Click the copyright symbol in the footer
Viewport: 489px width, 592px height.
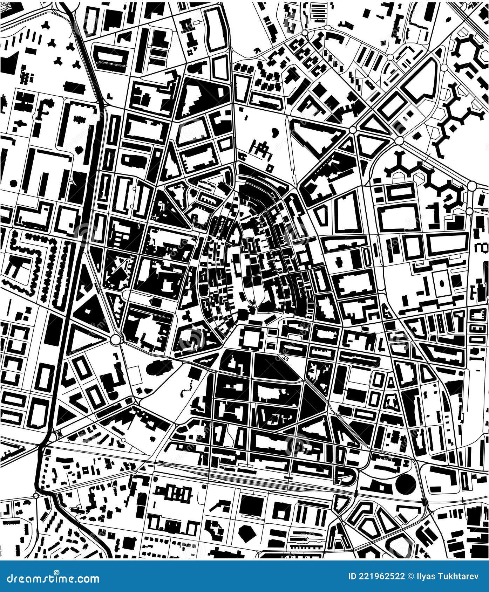pyautogui.click(x=410, y=576)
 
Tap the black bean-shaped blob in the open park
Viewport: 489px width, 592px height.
pyautogui.click(x=274, y=132)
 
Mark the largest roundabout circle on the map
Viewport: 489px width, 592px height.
pyautogui.click(x=115, y=339)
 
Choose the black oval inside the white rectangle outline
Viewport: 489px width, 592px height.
pyautogui.click(x=441, y=282)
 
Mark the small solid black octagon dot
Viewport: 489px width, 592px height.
pyautogui.click(x=14, y=183)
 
